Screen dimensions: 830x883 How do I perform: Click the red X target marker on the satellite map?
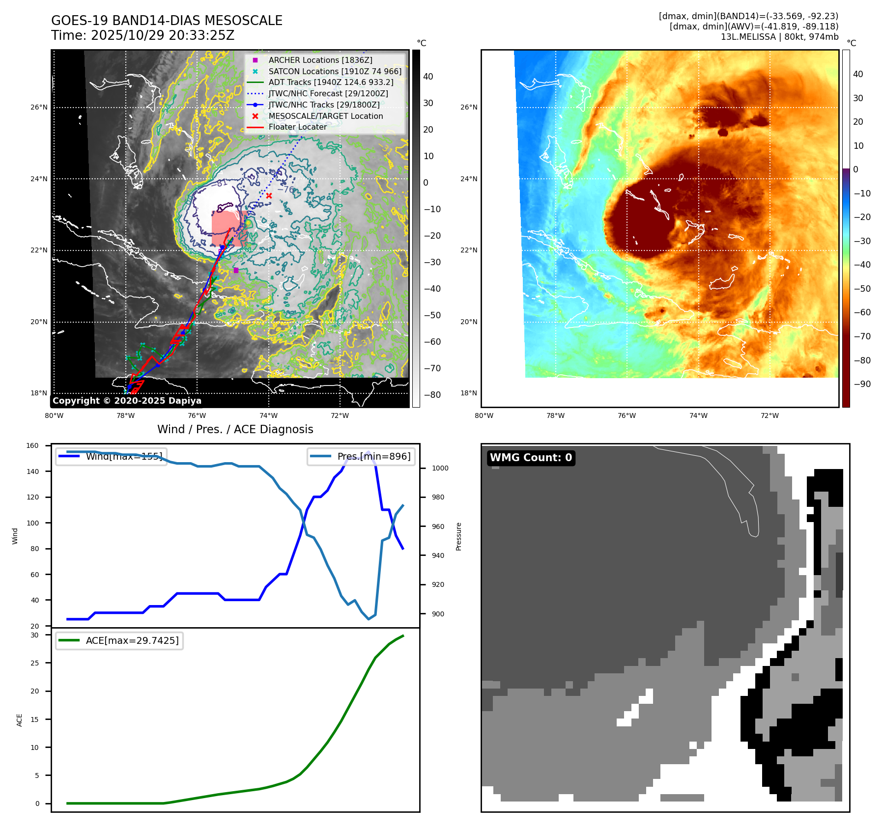(x=269, y=196)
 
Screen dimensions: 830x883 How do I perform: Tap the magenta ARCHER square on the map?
(x=236, y=271)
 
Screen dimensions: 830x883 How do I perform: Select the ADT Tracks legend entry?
(x=331, y=83)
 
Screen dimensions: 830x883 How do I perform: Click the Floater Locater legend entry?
(x=297, y=127)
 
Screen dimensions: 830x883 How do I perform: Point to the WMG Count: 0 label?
(x=531, y=458)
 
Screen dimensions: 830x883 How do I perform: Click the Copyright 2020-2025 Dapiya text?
(x=127, y=401)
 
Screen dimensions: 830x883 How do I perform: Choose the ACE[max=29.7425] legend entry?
(x=132, y=640)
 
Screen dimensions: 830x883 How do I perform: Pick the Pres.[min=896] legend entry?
(x=373, y=456)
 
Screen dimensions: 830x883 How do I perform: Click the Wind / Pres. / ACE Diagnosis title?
(x=235, y=429)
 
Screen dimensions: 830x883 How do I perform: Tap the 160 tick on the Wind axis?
(x=32, y=446)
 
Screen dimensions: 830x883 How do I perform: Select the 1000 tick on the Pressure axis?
(x=440, y=469)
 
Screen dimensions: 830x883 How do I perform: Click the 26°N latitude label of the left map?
(x=39, y=108)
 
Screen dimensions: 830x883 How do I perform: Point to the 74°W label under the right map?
(x=698, y=416)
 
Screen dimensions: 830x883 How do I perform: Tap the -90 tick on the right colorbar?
(x=862, y=384)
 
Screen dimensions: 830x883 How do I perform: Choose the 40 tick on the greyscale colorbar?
(x=428, y=77)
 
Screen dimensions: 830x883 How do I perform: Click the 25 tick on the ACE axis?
(x=34, y=663)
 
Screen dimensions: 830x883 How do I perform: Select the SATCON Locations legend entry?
(x=335, y=72)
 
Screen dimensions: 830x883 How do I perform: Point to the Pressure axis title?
(x=458, y=536)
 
